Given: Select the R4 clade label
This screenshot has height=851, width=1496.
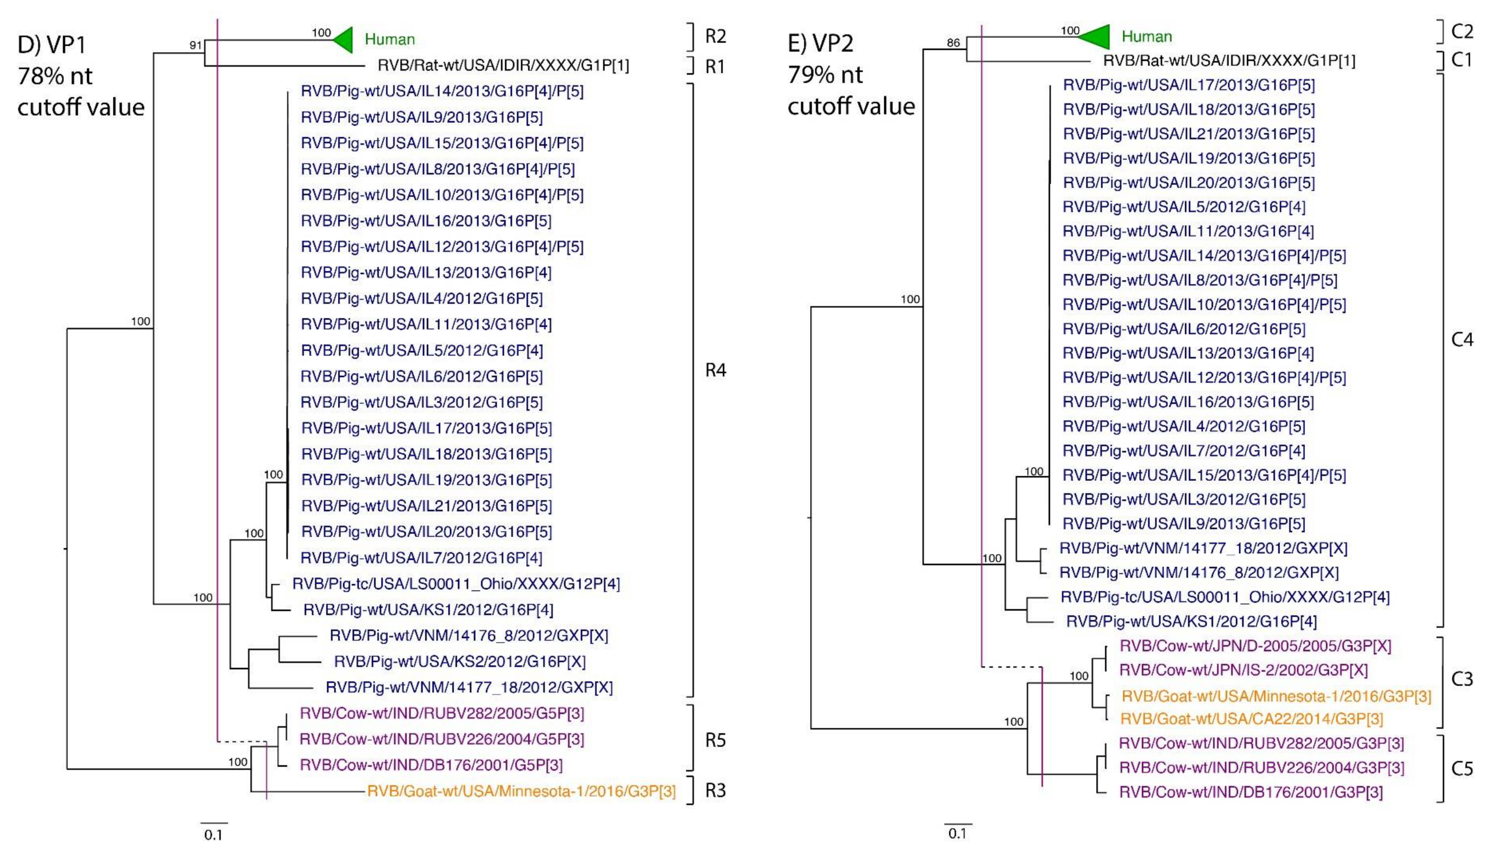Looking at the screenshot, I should pyautogui.click(x=715, y=370).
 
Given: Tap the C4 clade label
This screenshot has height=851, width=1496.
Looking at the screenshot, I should pyautogui.click(x=1462, y=339).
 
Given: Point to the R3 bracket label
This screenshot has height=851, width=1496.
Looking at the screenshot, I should pyautogui.click(x=715, y=790).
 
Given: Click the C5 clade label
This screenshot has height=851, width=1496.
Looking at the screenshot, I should pyautogui.click(x=1462, y=768).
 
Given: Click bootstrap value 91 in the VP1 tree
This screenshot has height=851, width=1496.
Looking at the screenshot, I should pyautogui.click(x=195, y=45).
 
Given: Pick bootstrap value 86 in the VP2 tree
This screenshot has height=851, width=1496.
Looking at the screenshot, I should pyautogui.click(x=953, y=42).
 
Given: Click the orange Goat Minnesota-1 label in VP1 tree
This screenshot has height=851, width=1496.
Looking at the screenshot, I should pyautogui.click(x=520, y=791).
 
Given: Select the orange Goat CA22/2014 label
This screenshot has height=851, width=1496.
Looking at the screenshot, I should pyautogui.click(x=1251, y=719).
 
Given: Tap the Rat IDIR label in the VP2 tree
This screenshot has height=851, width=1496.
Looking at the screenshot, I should pyautogui.click(x=1229, y=60).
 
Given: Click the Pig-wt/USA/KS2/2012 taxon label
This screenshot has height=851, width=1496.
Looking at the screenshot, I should pyautogui.click(x=459, y=661).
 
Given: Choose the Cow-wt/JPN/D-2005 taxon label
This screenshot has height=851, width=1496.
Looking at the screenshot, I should pyautogui.click(x=1254, y=646).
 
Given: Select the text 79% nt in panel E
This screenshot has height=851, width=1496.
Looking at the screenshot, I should pyautogui.click(x=825, y=74).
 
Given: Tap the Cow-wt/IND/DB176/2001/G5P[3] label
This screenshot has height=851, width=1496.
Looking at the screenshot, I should pyautogui.click(x=431, y=764).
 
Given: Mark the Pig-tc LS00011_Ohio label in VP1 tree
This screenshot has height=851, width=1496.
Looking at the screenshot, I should pyautogui.click(x=456, y=584).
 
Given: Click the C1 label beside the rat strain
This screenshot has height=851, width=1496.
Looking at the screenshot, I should pyautogui.click(x=1462, y=60).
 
